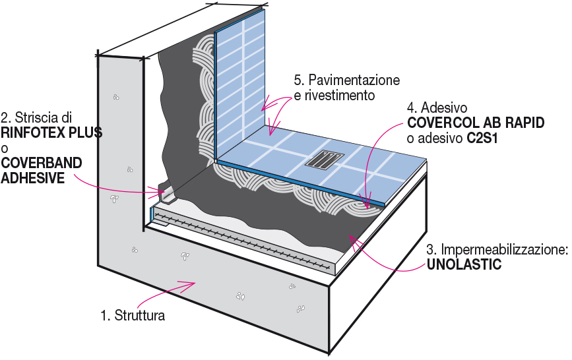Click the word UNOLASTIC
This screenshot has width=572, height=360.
465,265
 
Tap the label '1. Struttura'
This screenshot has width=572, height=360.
133,315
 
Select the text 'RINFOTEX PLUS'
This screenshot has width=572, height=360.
51,133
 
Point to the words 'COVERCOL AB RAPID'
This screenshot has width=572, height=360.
476,123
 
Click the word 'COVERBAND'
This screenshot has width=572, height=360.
42,162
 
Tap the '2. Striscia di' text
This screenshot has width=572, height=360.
36,118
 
